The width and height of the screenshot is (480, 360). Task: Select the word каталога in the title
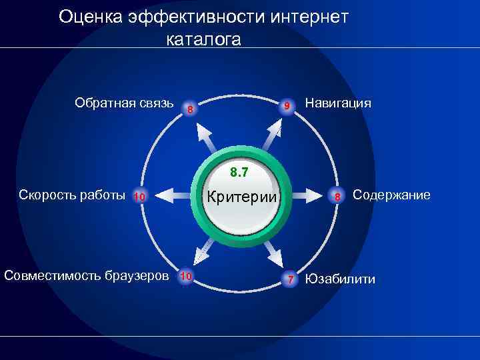tap(203, 39)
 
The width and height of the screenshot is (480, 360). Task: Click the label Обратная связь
tap(124, 103)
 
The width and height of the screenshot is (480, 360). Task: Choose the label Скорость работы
tap(72, 195)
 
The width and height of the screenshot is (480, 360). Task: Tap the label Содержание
tap(391, 195)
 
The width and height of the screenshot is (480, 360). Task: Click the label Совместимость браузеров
tap(86, 276)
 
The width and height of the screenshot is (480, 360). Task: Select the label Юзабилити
tap(340, 279)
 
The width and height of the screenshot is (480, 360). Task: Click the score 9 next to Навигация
tap(286, 107)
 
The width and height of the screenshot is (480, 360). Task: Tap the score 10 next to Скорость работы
tap(140, 197)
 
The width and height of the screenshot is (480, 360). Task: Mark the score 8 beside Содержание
tap(338, 197)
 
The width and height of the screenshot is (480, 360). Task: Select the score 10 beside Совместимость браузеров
tap(187, 276)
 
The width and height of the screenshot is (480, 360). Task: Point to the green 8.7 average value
tap(239, 173)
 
